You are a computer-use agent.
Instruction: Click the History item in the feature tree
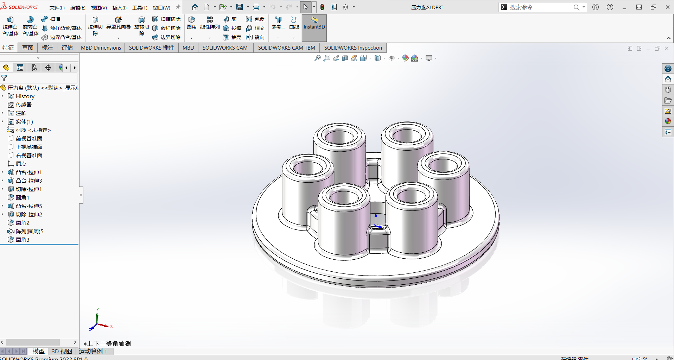coord(25,96)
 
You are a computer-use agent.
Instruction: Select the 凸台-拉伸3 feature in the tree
coord(28,181)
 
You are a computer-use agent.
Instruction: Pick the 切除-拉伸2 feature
coord(28,215)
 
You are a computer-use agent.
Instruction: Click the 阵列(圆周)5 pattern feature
coord(29,232)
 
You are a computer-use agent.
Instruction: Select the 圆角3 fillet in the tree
coord(22,240)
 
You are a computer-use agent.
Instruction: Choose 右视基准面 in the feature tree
coord(28,156)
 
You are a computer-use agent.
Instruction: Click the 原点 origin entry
coord(21,164)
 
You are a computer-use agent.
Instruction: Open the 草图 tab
coord(28,48)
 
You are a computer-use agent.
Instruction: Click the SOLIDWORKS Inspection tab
coord(353,48)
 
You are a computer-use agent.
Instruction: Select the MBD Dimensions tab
coord(101,48)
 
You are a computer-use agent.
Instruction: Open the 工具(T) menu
coord(140,7)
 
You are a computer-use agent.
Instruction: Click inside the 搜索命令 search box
coord(540,7)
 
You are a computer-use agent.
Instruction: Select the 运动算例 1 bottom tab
coord(93,351)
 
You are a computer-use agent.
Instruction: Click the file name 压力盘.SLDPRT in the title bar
coord(427,7)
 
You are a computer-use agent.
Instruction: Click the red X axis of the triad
coord(104,326)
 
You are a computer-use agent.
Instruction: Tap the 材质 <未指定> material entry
coord(33,130)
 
